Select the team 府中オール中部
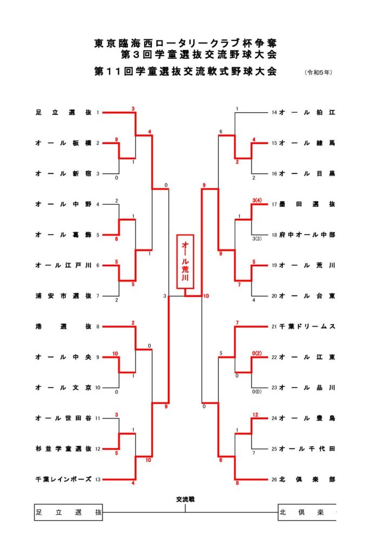pos(307,235)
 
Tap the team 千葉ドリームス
pos(307,327)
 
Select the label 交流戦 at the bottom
pos(185,500)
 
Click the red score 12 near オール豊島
pos(254,414)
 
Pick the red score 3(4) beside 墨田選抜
pos(257,200)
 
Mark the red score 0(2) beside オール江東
pos(257,353)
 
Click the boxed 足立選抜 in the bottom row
pos(68,512)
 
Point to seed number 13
pos(98,480)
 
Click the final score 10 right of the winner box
pos(206,296)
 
